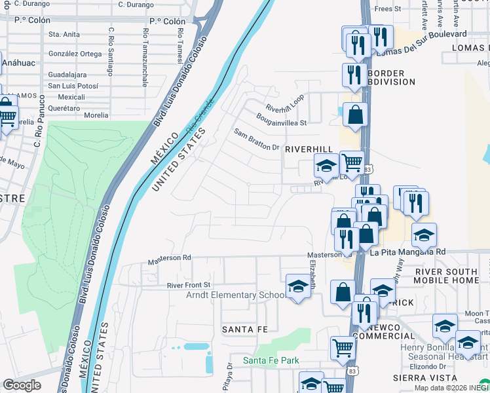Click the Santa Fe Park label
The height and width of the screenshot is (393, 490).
271,360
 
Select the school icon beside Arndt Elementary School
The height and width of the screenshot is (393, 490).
298,286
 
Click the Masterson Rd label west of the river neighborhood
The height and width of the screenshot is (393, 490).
169,258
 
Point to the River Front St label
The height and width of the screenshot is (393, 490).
189,285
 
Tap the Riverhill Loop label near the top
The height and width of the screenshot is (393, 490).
285,103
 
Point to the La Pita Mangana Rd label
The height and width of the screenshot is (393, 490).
407,252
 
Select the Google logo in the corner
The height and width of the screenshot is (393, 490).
21,385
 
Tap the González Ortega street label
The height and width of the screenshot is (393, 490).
75,54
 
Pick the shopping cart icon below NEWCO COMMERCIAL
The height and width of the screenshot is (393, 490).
343,348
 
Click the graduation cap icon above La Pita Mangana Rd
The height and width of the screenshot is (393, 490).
424,234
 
